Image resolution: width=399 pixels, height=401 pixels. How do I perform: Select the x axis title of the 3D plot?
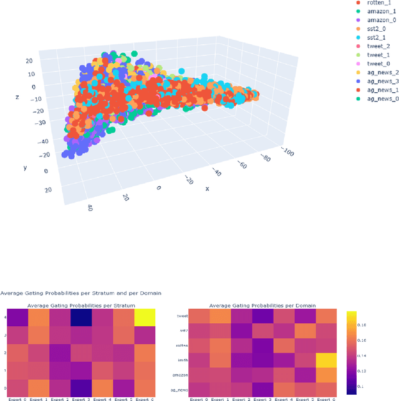click(206, 189)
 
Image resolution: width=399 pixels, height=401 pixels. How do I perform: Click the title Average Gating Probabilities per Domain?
click(262, 306)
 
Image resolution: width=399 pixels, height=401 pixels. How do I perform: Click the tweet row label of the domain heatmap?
click(183, 316)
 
